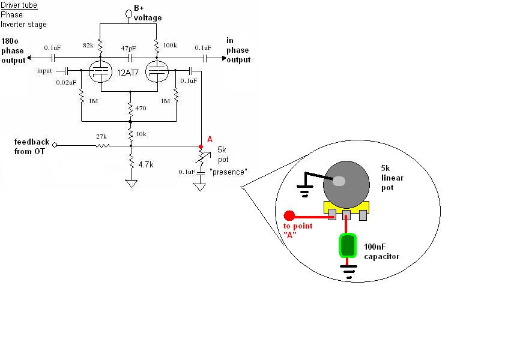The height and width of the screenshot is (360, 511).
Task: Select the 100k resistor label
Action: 171,46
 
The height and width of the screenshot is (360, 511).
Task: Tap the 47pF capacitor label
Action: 129,47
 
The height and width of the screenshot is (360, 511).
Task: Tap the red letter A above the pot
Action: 210,139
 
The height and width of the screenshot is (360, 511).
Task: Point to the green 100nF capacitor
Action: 347,246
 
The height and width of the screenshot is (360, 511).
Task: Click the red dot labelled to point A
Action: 289,215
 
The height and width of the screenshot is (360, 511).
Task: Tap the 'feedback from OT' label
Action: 32,146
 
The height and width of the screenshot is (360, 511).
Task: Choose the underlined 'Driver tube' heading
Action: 19,5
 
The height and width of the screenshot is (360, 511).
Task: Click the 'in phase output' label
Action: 238,50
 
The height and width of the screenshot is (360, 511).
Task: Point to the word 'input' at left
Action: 44,71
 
